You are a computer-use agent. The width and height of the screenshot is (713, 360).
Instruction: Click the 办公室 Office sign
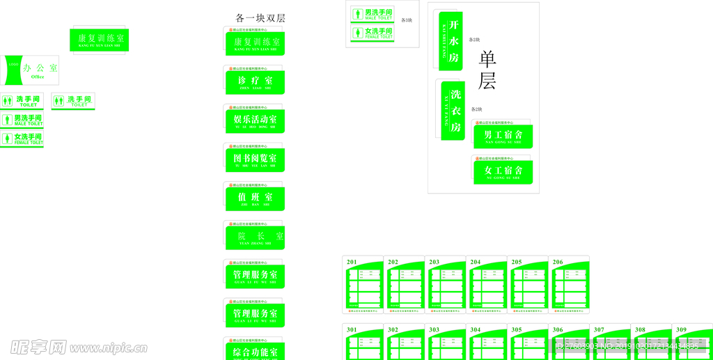pos(30,70)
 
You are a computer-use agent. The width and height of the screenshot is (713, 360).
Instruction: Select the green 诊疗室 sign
pos(255,81)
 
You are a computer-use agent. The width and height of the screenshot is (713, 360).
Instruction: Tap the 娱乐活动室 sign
pos(255,120)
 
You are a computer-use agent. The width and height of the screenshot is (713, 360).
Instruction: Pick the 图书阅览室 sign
pos(255,159)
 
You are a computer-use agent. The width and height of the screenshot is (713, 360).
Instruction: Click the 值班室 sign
pos(255,198)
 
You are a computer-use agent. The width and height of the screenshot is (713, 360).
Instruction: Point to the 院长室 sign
pos(255,237)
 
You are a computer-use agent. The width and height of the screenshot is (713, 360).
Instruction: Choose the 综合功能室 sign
pos(255,351)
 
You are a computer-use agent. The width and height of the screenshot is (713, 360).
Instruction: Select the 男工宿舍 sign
pos(503,135)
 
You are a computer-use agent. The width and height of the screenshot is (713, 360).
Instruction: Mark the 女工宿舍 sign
pos(503,171)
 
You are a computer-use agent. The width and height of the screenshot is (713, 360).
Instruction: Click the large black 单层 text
pos(487,70)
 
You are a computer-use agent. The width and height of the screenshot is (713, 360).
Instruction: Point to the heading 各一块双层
pos(260,18)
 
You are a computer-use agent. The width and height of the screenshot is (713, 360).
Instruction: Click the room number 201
pos(352,263)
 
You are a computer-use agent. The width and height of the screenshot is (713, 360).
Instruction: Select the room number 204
pos(476,263)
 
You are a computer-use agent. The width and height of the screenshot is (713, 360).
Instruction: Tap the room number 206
pos(558,263)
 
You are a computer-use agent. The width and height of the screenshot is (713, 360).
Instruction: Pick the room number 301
pos(352,330)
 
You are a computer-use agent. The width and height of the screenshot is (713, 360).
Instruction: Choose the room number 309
pos(681,330)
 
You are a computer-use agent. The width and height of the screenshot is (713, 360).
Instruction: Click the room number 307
pos(599,330)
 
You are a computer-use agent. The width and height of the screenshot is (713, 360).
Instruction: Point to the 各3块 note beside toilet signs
pos(407,20)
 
